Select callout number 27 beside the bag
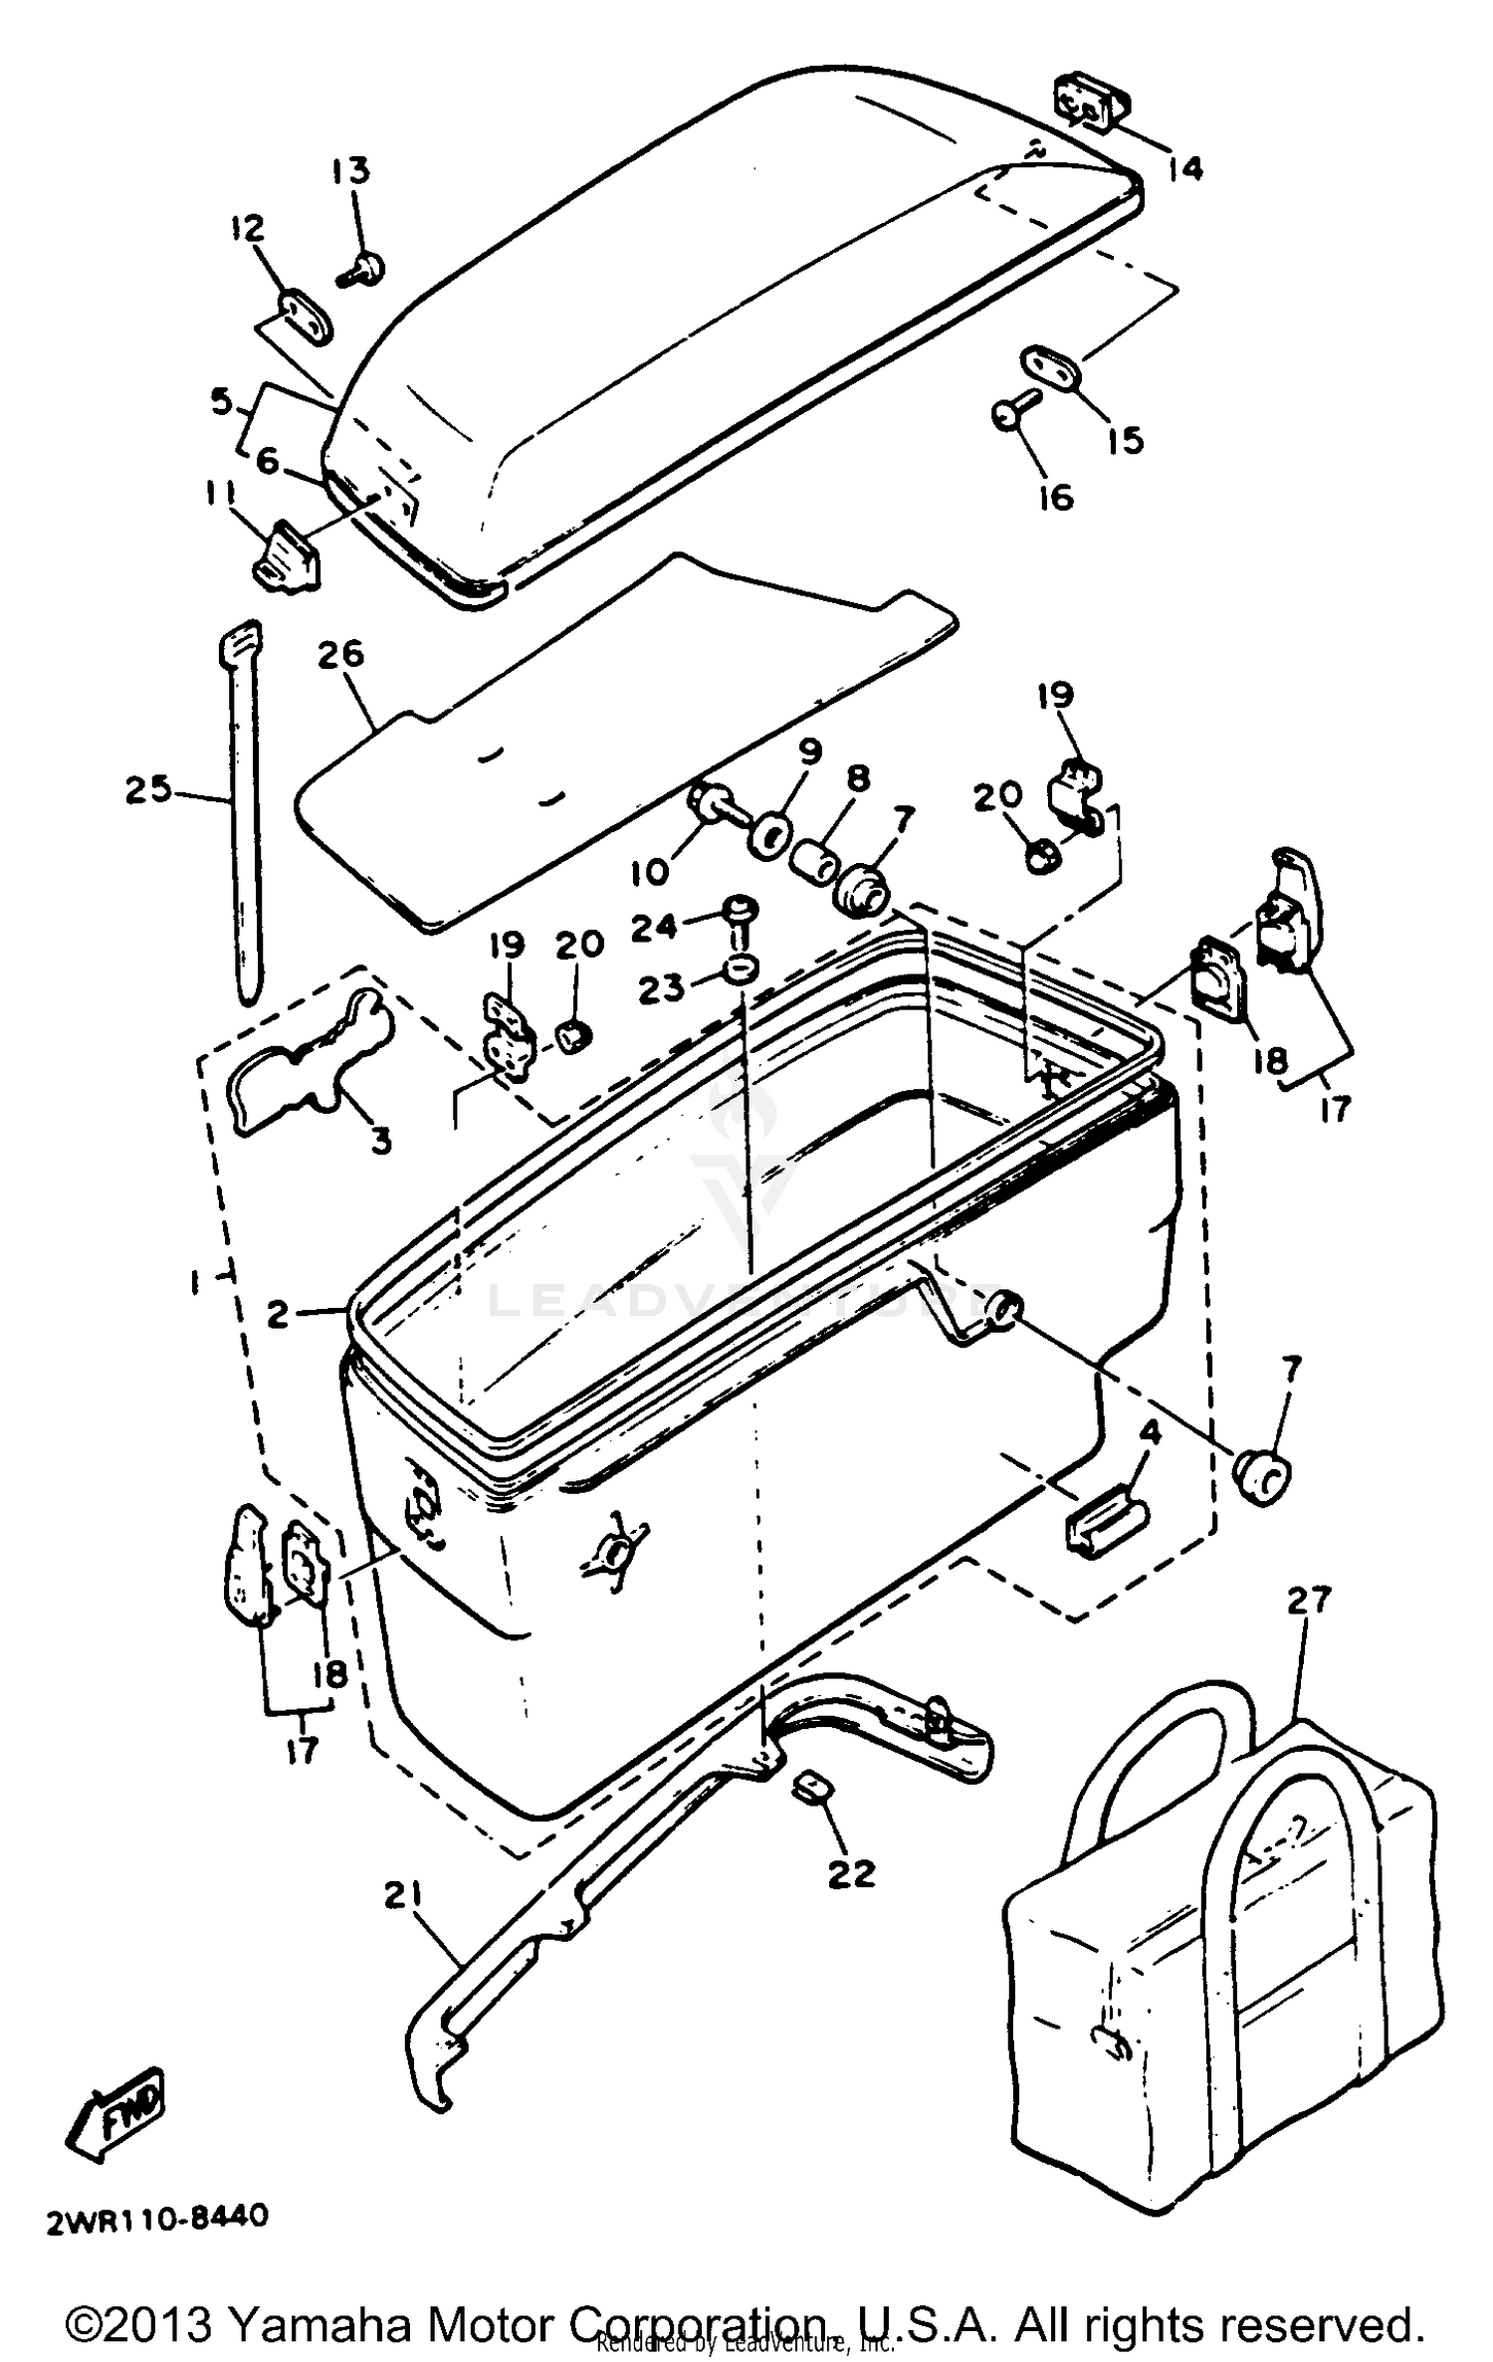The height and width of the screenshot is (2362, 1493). (1308, 1600)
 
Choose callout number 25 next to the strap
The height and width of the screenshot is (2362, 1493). (148, 791)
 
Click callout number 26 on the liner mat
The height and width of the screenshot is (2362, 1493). (341, 655)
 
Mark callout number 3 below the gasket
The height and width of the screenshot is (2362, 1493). (380, 1140)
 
